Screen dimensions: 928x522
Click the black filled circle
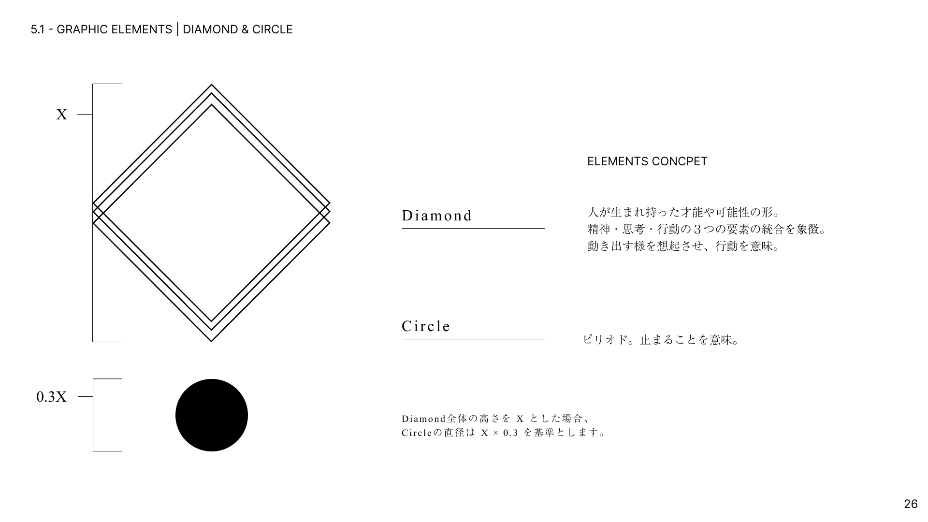(212, 415)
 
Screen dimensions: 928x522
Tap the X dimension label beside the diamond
(61, 115)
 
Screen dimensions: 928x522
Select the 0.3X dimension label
(52, 397)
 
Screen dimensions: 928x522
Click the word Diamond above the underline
(437, 216)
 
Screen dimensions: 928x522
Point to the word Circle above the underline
(426, 326)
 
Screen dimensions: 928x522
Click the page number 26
(911, 504)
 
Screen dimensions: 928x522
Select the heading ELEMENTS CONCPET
(647, 161)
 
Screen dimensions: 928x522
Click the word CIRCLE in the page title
(273, 29)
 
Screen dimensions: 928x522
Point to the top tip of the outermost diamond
(212, 85)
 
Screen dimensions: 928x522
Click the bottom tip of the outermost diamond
(212, 342)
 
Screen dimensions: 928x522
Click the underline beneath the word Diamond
(473, 228)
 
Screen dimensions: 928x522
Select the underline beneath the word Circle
(473, 339)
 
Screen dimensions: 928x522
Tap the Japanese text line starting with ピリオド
(661, 340)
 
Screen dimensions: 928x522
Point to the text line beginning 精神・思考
(707, 229)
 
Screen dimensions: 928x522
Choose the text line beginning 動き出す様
(684, 246)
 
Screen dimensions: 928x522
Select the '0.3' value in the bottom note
(510, 433)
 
